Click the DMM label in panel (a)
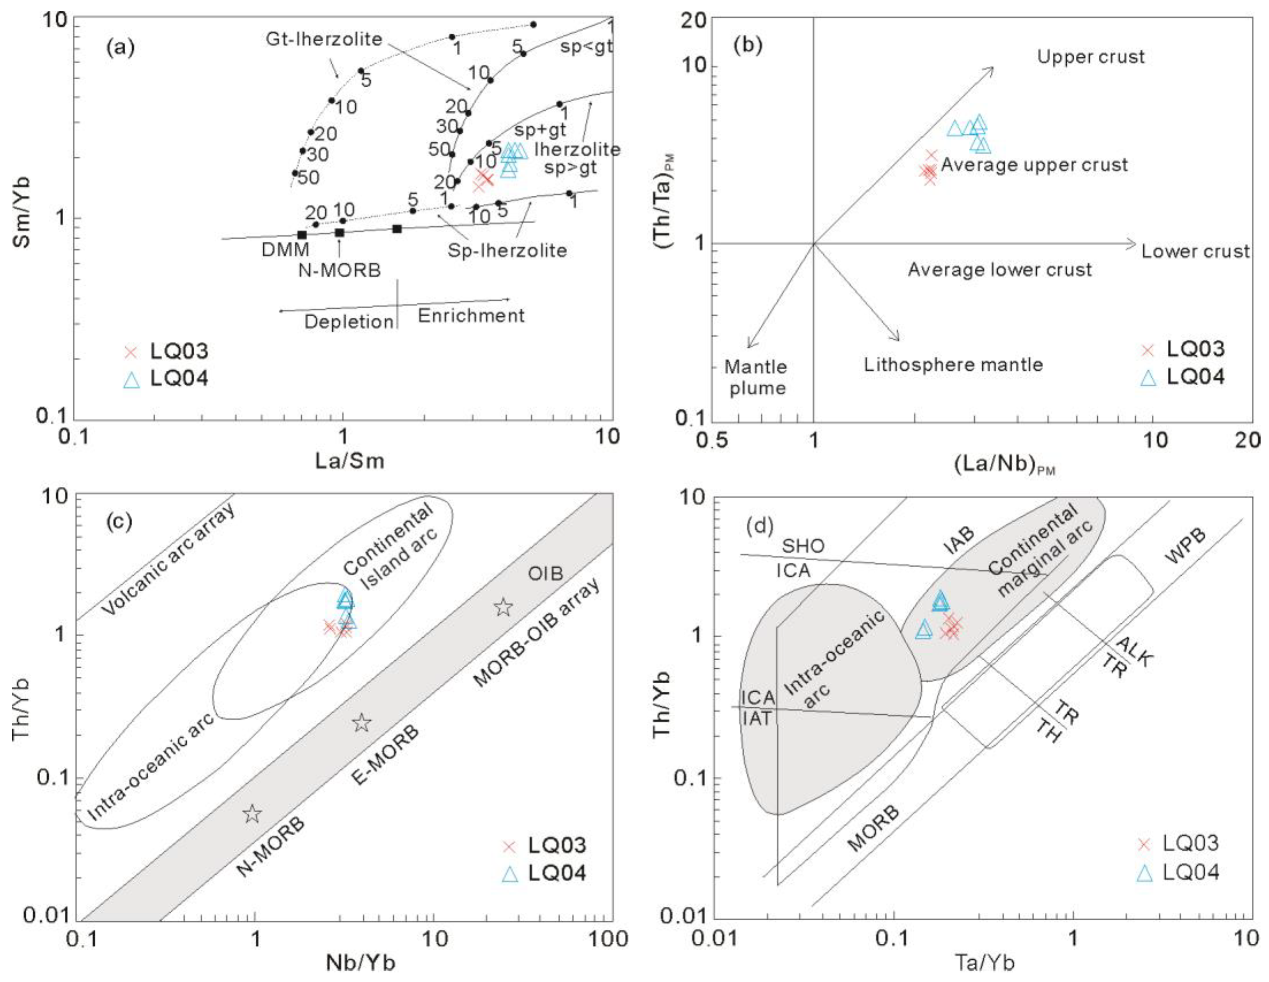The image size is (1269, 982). [285, 250]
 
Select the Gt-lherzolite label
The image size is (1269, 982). [324, 39]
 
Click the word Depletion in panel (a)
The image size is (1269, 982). [349, 322]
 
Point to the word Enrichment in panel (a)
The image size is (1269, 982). [471, 316]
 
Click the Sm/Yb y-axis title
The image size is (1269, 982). [22, 212]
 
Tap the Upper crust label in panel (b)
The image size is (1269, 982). [1091, 57]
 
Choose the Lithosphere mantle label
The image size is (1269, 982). [953, 365]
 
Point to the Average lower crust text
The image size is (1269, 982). [1000, 270]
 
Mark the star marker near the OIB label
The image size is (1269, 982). [503, 607]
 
